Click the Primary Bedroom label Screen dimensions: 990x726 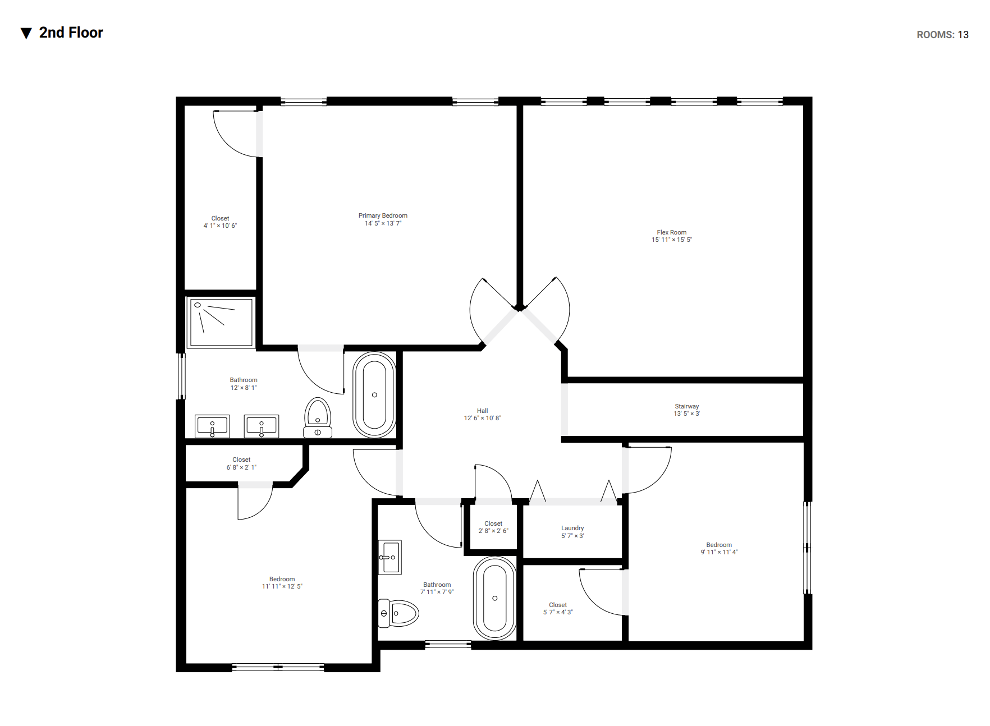[x=383, y=215]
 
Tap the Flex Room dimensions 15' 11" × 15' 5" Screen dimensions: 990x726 [x=672, y=240]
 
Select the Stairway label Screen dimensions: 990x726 [x=687, y=406]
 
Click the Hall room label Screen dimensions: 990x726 [x=483, y=411]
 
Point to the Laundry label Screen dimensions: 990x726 [x=572, y=528]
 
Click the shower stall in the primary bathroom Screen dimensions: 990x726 [x=222, y=323]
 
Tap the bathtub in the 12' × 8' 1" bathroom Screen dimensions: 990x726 [x=374, y=395]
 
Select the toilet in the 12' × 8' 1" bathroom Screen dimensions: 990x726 [x=318, y=418]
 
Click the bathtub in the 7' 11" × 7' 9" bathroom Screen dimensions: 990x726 [x=494, y=598]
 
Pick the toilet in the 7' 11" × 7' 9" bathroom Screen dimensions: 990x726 [x=399, y=613]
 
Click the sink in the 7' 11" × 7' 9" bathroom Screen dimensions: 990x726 [x=390, y=557]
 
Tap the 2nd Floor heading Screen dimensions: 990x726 [x=71, y=33]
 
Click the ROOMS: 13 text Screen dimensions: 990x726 [x=943, y=35]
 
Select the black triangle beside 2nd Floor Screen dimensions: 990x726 [x=26, y=34]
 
